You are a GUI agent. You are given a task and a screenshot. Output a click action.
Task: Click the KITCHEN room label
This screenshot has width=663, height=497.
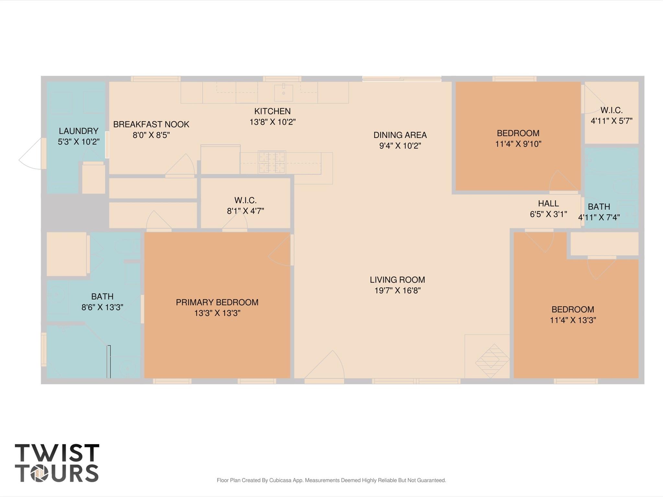click(x=272, y=111)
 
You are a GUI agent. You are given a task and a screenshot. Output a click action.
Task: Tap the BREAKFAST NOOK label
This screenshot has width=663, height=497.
click(x=151, y=124)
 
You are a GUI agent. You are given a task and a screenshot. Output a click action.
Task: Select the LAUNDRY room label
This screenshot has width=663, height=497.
click(x=78, y=131)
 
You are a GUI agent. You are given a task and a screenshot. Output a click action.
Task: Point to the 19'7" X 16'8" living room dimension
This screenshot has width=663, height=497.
click(x=397, y=290)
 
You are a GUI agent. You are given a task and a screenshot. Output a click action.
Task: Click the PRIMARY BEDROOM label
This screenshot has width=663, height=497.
click(x=217, y=302)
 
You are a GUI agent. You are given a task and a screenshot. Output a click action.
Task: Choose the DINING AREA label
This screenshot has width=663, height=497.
click(x=400, y=135)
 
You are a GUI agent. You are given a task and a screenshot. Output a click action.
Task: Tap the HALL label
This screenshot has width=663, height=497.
click(x=548, y=203)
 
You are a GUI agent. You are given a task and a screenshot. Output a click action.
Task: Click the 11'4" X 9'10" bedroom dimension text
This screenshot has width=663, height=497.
click(x=518, y=144)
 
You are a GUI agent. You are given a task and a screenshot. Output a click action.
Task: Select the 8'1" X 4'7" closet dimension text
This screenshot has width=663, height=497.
click(x=245, y=211)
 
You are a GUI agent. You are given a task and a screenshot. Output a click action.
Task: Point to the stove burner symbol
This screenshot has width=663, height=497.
click(x=272, y=162)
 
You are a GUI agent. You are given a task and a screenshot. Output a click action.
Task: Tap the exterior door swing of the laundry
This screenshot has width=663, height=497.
click(x=31, y=155)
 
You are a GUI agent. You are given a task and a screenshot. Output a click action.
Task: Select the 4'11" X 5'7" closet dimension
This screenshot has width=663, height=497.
click(x=611, y=121)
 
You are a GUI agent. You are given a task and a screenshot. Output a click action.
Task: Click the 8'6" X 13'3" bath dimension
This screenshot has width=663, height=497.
click(x=102, y=307)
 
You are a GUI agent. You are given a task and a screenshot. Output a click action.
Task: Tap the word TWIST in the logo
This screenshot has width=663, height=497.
click(x=57, y=453)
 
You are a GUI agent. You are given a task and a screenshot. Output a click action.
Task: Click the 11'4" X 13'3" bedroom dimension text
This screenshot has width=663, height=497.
click(x=573, y=320)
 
